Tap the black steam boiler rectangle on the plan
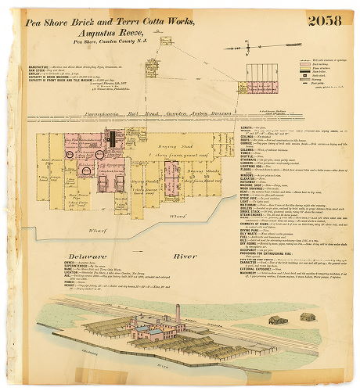112,140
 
